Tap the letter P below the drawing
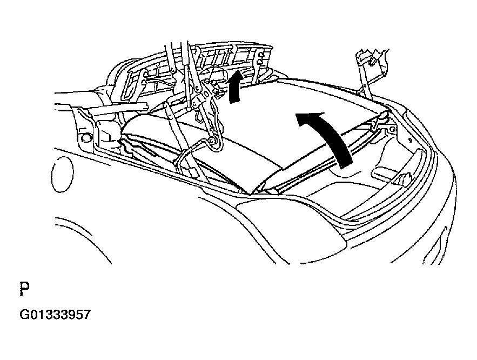(25, 289)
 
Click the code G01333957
(55, 315)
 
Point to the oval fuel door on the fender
(62, 174)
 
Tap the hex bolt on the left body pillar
(85, 137)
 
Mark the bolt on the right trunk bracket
(392, 129)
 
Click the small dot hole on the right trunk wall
(410, 141)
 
